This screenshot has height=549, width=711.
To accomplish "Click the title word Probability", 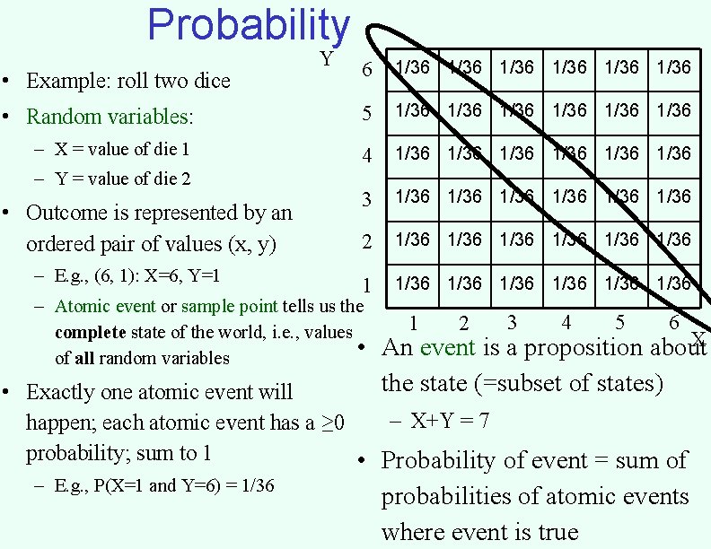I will pyautogui.click(x=248, y=25).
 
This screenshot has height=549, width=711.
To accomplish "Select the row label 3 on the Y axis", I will pyautogui.click(x=366, y=198).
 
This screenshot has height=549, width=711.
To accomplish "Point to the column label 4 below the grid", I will pyautogui.click(x=566, y=321).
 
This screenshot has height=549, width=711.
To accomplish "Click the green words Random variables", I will pyautogui.click(x=110, y=117).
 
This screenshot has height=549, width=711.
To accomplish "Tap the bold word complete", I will pyautogui.click(x=90, y=333).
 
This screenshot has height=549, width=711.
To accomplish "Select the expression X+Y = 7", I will pyautogui.click(x=449, y=420).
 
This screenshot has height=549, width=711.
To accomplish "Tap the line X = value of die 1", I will pyautogui.click(x=122, y=150).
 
